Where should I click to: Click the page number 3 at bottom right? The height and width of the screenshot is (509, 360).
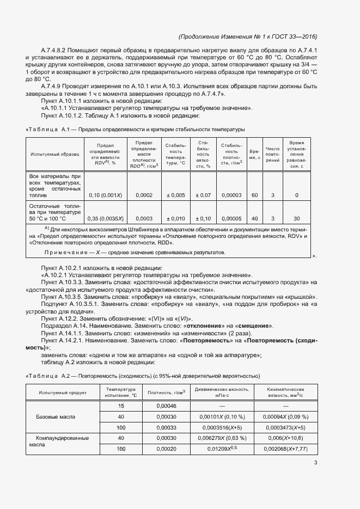tap(316, 463)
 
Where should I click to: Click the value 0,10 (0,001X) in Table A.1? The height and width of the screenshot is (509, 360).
tap(105, 195)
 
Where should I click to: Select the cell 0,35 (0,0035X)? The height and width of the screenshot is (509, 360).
tap(106, 219)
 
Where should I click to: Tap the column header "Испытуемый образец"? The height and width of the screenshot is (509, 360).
tap(55, 154)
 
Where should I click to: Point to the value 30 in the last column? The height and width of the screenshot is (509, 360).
tap(297, 219)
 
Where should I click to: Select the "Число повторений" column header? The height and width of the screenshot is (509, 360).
tap(272, 154)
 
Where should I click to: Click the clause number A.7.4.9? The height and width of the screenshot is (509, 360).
tap(53, 86)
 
